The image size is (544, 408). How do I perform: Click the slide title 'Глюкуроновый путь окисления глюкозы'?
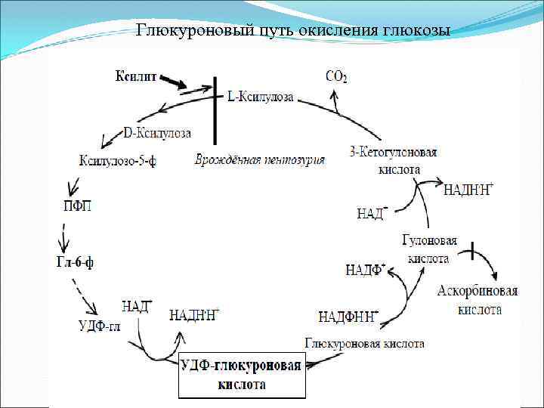click(292, 31)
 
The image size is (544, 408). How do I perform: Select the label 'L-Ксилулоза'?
click(261, 97)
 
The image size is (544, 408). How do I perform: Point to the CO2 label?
click(336, 76)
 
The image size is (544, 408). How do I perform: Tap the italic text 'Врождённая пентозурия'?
click(260, 159)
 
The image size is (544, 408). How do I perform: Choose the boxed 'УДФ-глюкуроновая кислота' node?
click(242, 376)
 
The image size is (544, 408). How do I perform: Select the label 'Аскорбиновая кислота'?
click(478, 300)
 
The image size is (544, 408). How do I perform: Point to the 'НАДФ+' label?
click(365, 270)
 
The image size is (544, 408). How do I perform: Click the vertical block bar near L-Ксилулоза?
click(215, 110)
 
